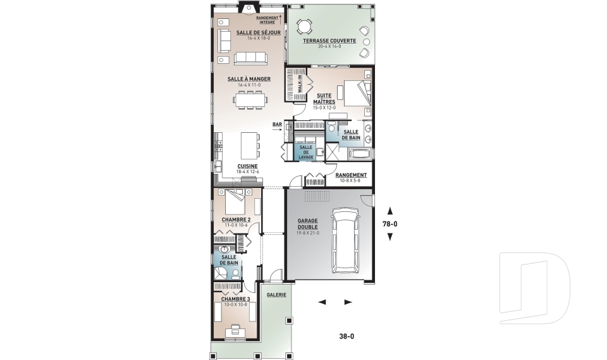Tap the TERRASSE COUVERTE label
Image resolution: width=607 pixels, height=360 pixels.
pyautogui.click(x=329, y=40)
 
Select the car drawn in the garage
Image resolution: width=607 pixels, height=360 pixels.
pyautogui.click(x=346, y=241)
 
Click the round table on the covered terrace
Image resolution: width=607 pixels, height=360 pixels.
pyautogui.click(x=304, y=27)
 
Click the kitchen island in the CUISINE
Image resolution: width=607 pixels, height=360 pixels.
pyautogui.click(x=250, y=145)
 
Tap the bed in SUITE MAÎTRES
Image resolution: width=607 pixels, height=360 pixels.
pyautogui.click(x=357, y=93)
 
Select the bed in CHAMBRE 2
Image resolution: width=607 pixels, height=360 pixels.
pyautogui.click(x=236, y=201)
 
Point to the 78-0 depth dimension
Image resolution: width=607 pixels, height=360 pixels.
pyautogui.click(x=390, y=223)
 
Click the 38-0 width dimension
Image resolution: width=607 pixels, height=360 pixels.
pyautogui.click(x=346, y=337)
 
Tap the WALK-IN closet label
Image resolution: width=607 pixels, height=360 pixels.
pyautogui.click(x=300, y=84)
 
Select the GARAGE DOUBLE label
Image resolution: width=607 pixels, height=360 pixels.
pyautogui.click(x=307, y=224)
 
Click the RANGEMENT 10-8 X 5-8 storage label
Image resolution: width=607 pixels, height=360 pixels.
pyautogui.click(x=351, y=178)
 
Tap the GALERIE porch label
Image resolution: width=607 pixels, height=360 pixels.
pyautogui.click(x=276, y=294)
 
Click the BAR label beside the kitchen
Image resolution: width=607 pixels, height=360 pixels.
pyautogui.click(x=277, y=125)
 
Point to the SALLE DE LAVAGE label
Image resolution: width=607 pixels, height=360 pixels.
pyautogui.click(x=306, y=152)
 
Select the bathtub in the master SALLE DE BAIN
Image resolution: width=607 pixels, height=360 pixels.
pyautogui.click(x=360, y=154)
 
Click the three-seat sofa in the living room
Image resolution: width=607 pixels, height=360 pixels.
pyautogui.click(x=250, y=58)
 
